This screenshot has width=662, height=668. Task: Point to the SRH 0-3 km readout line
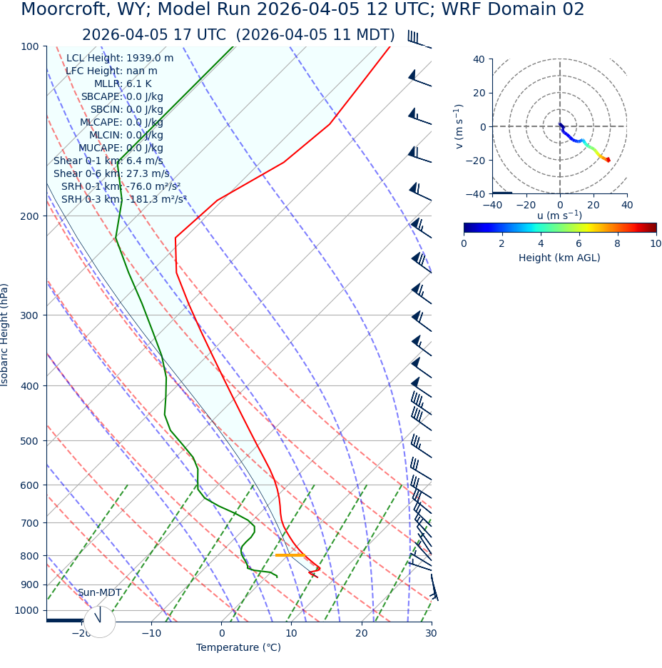[123, 199]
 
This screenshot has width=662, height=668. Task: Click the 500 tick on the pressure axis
[29, 441]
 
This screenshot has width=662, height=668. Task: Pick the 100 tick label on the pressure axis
[29, 46]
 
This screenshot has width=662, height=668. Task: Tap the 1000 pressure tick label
[26, 610]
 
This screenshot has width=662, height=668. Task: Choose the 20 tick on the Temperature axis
[362, 633]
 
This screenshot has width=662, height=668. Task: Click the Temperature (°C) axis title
[238, 647]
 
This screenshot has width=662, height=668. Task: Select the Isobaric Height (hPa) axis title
[5, 335]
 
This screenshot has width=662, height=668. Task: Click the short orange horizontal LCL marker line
[290, 555]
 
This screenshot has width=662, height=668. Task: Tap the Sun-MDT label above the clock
[99, 592]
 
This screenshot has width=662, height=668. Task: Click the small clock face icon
[99, 622]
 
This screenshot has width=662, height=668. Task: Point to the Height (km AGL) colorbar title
[559, 258]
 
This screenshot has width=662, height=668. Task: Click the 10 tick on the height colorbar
[655, 243]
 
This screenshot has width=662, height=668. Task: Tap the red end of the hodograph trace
[608, 160]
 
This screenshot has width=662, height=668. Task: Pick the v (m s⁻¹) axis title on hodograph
[459, 126]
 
